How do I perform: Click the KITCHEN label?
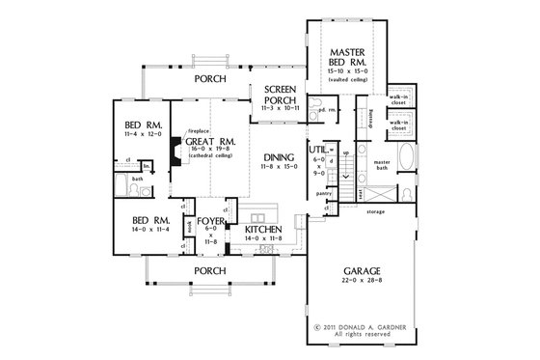pyautogui.click(x=257, y=231)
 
